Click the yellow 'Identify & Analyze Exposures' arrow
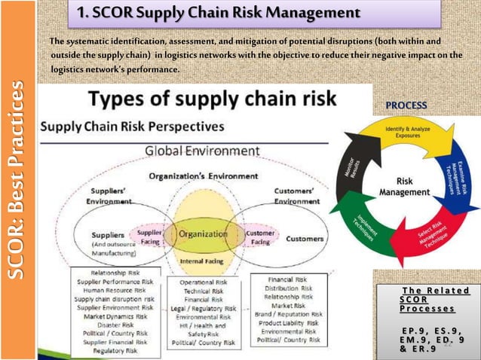(x=406, y=136)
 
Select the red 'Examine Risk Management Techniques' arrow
(x=458, y=172)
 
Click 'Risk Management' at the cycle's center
(x=405, y=186)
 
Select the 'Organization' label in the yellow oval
(x=202, y=234)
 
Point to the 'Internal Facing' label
(x=201, y=261)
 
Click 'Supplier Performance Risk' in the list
(x=115, y=281)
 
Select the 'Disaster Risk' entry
(x=115, y=325)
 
